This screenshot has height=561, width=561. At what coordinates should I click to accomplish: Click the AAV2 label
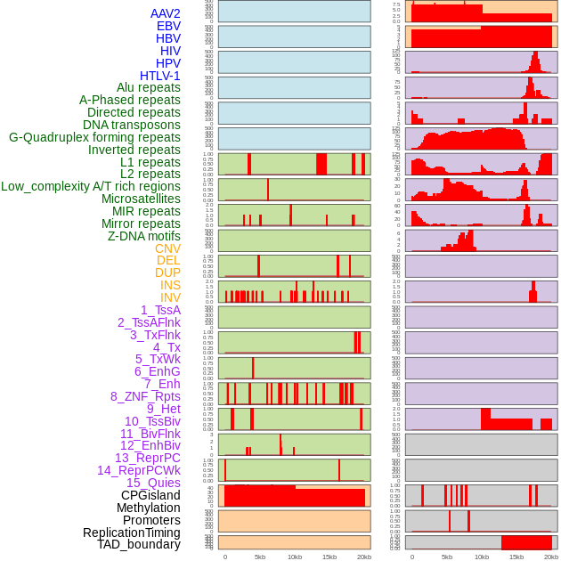(x=165, y=13)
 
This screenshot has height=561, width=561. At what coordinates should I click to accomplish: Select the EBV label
(x=168, y=26)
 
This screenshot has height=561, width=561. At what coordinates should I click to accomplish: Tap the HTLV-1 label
(x=159, y=76)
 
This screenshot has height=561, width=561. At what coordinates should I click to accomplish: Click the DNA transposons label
(x=132, y=125)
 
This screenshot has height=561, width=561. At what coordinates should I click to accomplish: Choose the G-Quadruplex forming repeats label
(x=94, y=137)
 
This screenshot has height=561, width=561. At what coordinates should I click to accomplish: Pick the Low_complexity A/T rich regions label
(x=91, y=186)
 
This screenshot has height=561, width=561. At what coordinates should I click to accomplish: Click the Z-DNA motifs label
(x=144, y=236)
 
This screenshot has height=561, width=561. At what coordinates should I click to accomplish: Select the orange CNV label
(x=167, y=248)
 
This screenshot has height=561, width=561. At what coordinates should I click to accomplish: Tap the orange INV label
(x=170, y=297)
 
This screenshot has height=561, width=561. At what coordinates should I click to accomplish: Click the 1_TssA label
(x=160, y=310)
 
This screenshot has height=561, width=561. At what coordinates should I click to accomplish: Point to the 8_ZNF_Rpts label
(x=145, y=396)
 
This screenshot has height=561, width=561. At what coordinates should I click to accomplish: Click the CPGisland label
(x=150, y=495)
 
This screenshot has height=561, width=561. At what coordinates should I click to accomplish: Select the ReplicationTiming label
(x=132, y=533)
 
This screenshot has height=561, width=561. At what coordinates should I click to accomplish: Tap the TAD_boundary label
(x=138, y=544)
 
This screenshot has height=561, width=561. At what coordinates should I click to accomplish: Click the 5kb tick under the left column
(x=260, y=557)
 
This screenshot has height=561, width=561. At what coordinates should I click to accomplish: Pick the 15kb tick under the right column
(x=516, y=557)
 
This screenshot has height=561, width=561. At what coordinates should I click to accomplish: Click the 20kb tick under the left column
(x=364, y=557)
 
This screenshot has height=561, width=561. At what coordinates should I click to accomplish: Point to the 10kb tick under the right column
(x=482, y=557)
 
